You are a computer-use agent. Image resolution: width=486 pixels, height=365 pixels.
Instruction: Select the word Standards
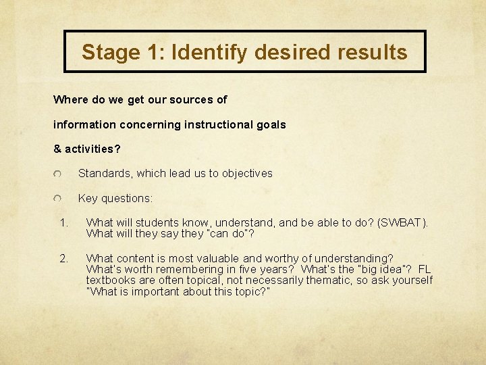104,174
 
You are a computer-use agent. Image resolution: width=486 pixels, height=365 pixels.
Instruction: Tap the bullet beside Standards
58,174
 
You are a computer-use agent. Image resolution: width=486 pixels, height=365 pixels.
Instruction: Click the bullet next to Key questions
58,199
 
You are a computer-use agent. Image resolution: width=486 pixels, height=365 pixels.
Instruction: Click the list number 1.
63,222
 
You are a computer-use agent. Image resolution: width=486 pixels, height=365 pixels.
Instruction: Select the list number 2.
63,258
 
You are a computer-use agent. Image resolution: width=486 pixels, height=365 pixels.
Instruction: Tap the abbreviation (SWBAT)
404,222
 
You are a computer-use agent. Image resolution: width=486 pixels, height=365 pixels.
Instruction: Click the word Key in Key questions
88,199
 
